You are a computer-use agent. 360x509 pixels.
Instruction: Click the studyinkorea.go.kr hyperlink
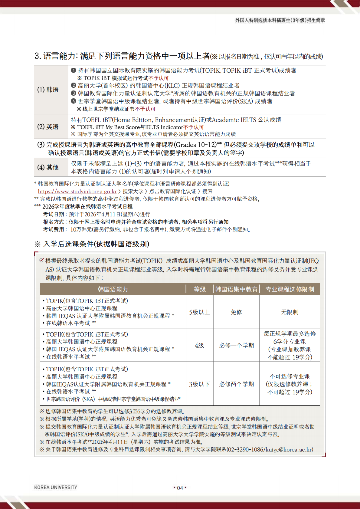[77, 191]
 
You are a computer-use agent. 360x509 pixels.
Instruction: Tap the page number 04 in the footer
[180, 488]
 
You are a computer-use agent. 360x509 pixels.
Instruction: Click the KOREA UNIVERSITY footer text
[56, 487]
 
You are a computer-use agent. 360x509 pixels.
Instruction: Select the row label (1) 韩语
[48, 90]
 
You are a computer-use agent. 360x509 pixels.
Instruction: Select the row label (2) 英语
[48, 127]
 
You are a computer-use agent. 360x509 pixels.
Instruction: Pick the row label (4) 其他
[48, 167]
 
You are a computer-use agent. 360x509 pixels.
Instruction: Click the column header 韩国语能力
[113, 289]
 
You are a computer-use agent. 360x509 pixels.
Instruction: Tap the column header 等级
[200, 289]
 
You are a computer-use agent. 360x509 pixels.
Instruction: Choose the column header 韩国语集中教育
[236, 289]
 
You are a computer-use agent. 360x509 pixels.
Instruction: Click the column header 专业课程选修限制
[290, 289]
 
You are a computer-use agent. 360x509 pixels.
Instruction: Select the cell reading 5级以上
[199, 312]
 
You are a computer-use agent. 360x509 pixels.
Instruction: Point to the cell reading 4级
[199, 345]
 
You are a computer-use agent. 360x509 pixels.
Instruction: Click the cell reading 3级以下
[199, 384]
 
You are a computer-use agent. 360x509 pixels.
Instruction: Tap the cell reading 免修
[236, 312]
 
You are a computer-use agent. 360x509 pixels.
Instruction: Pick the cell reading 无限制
[290, 312]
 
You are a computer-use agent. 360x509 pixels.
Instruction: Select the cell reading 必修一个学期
[236, 345]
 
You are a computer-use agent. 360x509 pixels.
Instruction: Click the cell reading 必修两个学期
[236, 384]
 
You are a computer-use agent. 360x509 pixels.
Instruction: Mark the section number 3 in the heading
[37, 56]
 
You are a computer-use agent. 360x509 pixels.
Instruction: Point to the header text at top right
[280, 20]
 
